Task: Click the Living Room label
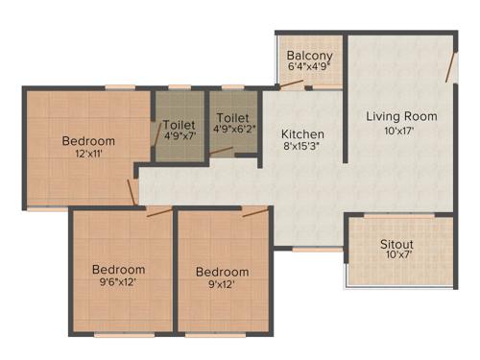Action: [x=401, y=116]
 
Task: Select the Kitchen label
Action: [x=302, y=133]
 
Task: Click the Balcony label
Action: [x=309, y=56]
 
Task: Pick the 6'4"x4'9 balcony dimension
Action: [x=309, y=68]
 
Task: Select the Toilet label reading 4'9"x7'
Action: [x=180, y=124]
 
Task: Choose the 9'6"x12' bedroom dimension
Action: [x=118, y=284]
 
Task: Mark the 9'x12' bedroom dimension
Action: [x=222, y=285]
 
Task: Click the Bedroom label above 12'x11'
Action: [x=88, y=140]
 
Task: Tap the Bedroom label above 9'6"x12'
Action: [x=118, y=270]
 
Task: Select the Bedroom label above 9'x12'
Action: [x=222, y=272]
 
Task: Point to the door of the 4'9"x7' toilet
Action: [x=158, y=133]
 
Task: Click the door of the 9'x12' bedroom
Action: [x=255, y=211]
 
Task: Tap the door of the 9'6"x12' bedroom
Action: [x=159, y=211]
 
